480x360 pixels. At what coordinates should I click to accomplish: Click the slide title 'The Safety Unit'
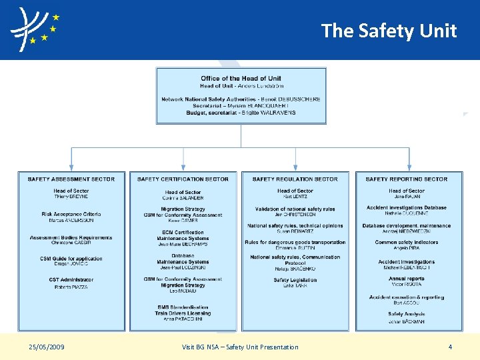(389, 31)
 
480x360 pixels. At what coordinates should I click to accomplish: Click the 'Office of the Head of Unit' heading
(241, 79)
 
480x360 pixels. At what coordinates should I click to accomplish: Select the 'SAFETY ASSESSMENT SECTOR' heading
(71, 179)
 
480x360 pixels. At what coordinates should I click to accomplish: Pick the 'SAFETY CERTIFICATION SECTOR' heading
(183, 179)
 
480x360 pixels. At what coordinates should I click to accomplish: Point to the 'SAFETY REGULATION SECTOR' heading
(295, 179)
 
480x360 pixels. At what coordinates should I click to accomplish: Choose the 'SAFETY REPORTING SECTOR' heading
(407, 179)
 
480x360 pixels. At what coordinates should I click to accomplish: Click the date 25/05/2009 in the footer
(47, 347)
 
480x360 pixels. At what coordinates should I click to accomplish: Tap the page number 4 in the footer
(450, 347)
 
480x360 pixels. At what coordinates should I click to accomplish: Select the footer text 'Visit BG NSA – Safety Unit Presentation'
(240, 347)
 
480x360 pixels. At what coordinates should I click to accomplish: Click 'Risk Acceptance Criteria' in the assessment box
(71, 215)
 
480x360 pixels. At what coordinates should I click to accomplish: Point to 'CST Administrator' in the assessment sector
(71, 280)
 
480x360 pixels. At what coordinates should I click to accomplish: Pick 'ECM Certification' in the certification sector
(183, 233)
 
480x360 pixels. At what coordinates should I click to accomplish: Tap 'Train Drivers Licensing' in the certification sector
(183, 313)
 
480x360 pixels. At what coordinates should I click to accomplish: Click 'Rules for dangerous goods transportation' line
(295, 243)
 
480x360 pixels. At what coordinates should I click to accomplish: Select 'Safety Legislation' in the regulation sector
(295, 280)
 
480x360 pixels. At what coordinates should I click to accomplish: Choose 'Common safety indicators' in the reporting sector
(407, 243)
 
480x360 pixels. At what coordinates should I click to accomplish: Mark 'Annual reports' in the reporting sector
(407, 279)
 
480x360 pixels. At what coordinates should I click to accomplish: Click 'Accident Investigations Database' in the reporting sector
(407, 208)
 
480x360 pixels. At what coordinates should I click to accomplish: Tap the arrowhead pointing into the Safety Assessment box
(71, 168)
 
